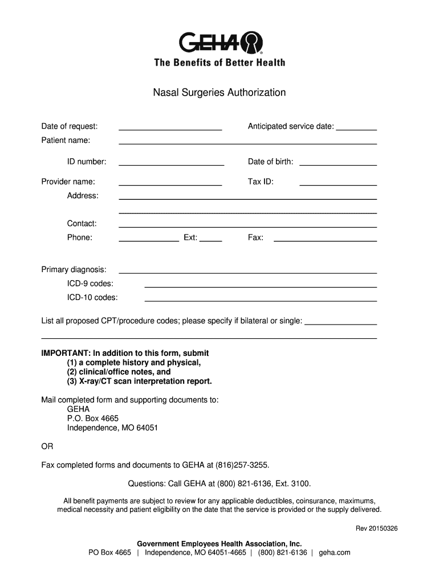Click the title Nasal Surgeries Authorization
click(219, 92)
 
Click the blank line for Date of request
click(170, 127)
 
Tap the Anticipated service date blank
click(356, 127)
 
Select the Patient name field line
click(247, 141)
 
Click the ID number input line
click(171, 162)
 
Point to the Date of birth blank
click(338, 162)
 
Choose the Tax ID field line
click(338, 182)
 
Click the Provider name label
click(68, 182)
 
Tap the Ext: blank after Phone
click(210, 238)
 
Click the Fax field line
click(325, 238)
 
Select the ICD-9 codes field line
click(261, 284)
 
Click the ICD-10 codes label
click(92, 297)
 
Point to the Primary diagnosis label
click(74, 269)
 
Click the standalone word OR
click(47, 446)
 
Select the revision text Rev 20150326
click(377, 528)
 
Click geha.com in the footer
click(335, 552)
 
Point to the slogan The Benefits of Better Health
click(219, 63)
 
